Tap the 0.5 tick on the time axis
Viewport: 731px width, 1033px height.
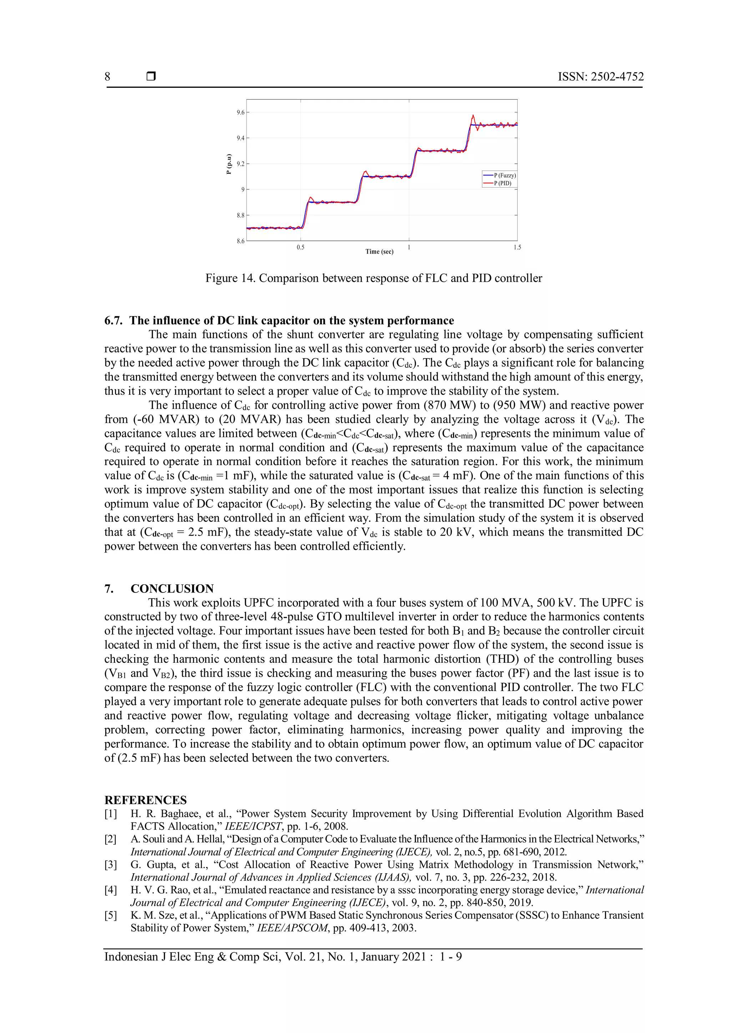point(301,247)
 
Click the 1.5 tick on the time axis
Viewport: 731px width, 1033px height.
point(517,247)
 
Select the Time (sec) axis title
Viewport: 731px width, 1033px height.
point(379,251)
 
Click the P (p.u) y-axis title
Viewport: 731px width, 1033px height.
point(229,164)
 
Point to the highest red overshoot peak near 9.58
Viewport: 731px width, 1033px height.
point(473,115)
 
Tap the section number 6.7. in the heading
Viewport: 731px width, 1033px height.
point(114,320)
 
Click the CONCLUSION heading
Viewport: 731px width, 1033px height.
point(172,589)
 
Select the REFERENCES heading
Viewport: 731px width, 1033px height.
point(145,800)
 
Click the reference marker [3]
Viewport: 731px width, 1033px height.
point(111,864)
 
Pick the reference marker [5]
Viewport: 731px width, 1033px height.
point(111,915)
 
